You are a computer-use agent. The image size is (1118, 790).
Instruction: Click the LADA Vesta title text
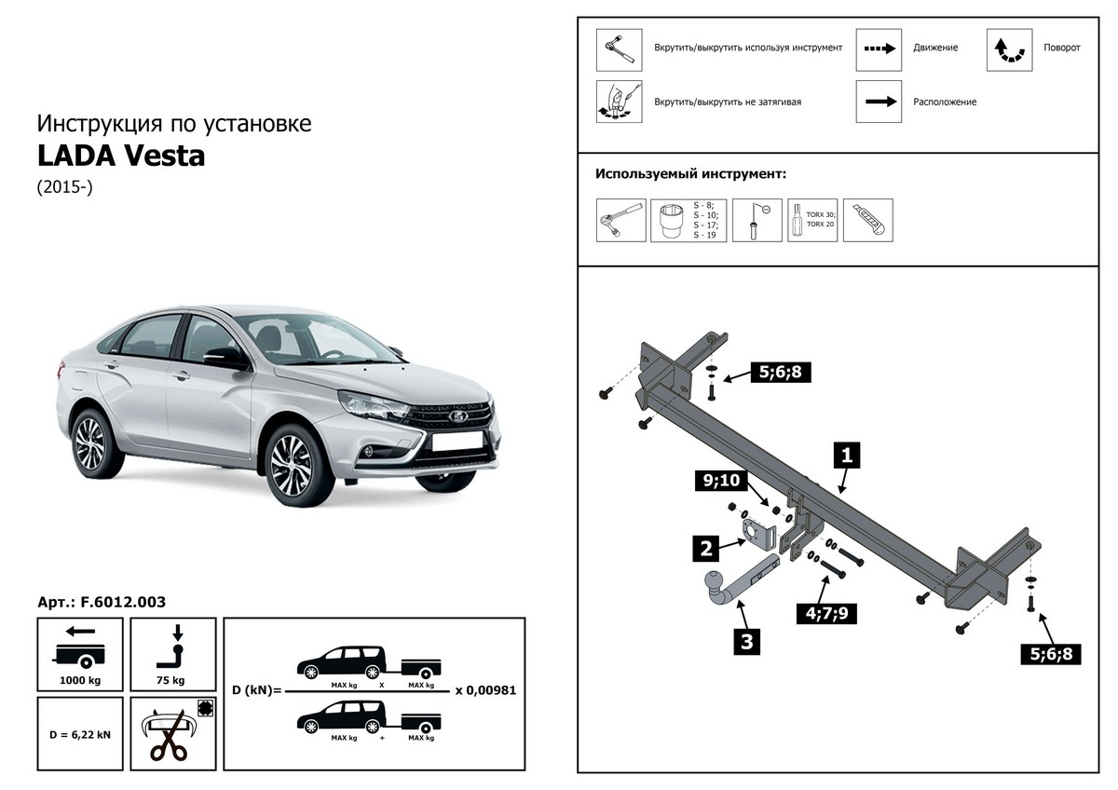(x=121, y=156)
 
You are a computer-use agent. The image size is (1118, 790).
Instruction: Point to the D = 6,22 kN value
(x=79, y=734)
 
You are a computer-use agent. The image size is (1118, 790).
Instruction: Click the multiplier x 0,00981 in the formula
(x=485, y=691)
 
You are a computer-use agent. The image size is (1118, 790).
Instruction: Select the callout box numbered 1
(x=847, y=456)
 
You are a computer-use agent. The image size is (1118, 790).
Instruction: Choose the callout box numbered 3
(x=746, y=641)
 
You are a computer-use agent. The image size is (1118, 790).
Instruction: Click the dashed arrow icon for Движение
(x=879, y=49)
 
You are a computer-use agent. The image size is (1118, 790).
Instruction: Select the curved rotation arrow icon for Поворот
(x=1009, y=49)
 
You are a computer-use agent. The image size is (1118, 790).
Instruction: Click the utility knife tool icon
(x=867, y=221)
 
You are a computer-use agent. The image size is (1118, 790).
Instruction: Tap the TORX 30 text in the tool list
(x=821, y=215)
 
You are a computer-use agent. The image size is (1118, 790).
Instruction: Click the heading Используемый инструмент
(x=690, y=173)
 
